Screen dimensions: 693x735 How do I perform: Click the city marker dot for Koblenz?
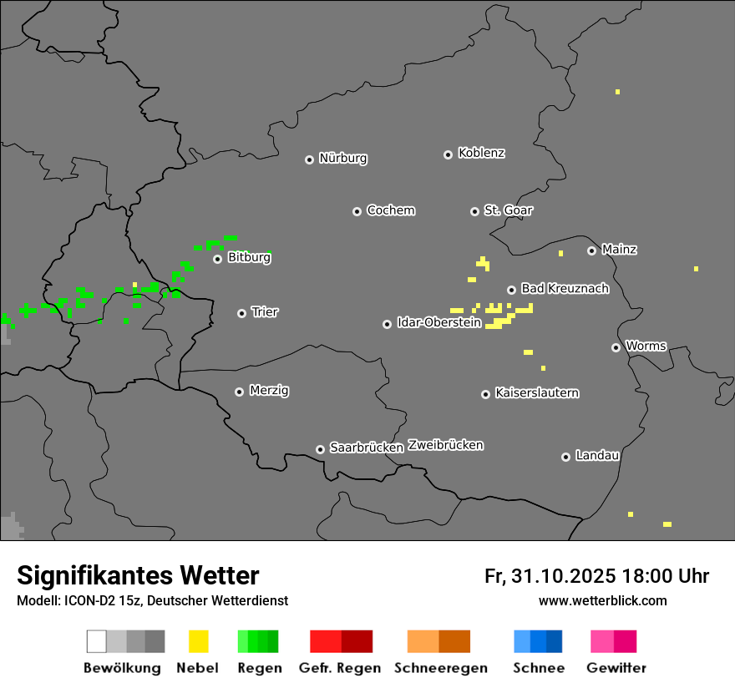(x=448, y=154)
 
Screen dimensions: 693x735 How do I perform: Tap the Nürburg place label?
(x=343, y=159)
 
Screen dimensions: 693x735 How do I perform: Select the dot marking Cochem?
(x=357, y=211)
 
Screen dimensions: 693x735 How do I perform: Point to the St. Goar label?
(x=509, y=210)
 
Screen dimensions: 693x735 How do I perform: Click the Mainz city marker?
(x=591, y=250)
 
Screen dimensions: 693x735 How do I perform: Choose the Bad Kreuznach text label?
(x=565, y=289)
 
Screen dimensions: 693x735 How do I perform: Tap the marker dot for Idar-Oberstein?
(x=387, y=324)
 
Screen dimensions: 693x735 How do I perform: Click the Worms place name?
(x=646, y=346)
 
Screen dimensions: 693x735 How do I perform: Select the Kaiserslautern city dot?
(x=485, y=394)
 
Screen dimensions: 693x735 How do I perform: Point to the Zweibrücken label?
(x=445, y=445)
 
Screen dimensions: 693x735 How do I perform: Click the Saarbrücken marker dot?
(x=320, y=449)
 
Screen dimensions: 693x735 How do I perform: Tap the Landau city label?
(x=597, y=456)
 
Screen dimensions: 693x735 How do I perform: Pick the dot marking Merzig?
(x=239, y=392)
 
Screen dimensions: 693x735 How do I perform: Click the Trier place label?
(x=265, y=312)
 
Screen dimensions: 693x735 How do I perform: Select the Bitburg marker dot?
(x=217, y=259)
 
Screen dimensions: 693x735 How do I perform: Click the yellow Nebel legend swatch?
(x=198, y=641)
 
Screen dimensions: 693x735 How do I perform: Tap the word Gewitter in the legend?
(x=616, y=668)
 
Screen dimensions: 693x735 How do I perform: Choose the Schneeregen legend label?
(x=441, y=668)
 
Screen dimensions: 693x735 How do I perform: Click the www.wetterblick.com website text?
(x=603, y=600)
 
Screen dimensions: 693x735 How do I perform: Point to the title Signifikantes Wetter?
(x=138, y=575)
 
